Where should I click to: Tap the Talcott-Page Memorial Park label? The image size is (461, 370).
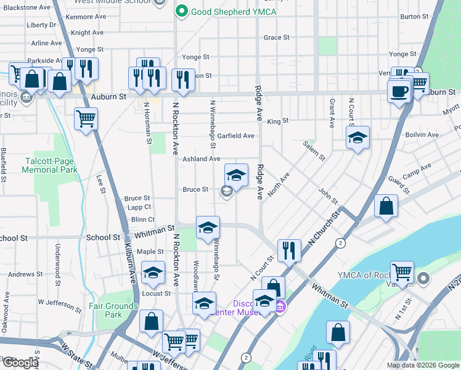click(x=51, y=165)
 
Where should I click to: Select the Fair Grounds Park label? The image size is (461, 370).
click(x=113, y=310)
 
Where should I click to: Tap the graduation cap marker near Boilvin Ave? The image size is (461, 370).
click(x=357, y=138)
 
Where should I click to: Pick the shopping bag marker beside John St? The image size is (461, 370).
click(x=386, y=207)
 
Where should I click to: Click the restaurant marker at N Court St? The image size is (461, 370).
click(x=289, y=251)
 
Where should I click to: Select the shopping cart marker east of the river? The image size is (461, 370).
click(x=402, y=273)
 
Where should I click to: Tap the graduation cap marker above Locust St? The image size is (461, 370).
click(x=153, y=274)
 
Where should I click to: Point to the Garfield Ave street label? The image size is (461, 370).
click(x=235, y=136)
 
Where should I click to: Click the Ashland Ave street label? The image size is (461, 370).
click(x=201, y=158)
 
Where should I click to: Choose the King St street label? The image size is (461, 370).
click(x=278, y=121)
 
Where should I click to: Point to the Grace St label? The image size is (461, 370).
click(x=276, y=38)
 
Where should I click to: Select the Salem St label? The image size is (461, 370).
click(x=314, y=150)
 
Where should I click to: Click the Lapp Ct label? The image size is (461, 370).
click(x=139, y=208)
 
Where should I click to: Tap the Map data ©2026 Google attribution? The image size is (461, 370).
click(x=423, y=365)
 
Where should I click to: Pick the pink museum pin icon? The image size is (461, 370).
click(x=280, y=307)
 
